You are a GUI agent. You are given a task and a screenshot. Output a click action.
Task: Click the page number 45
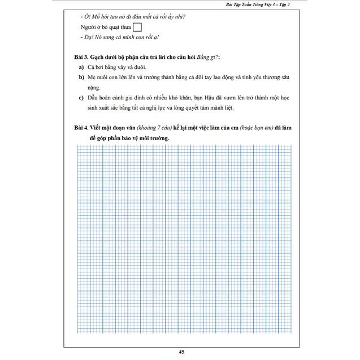(x=181, y=352)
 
